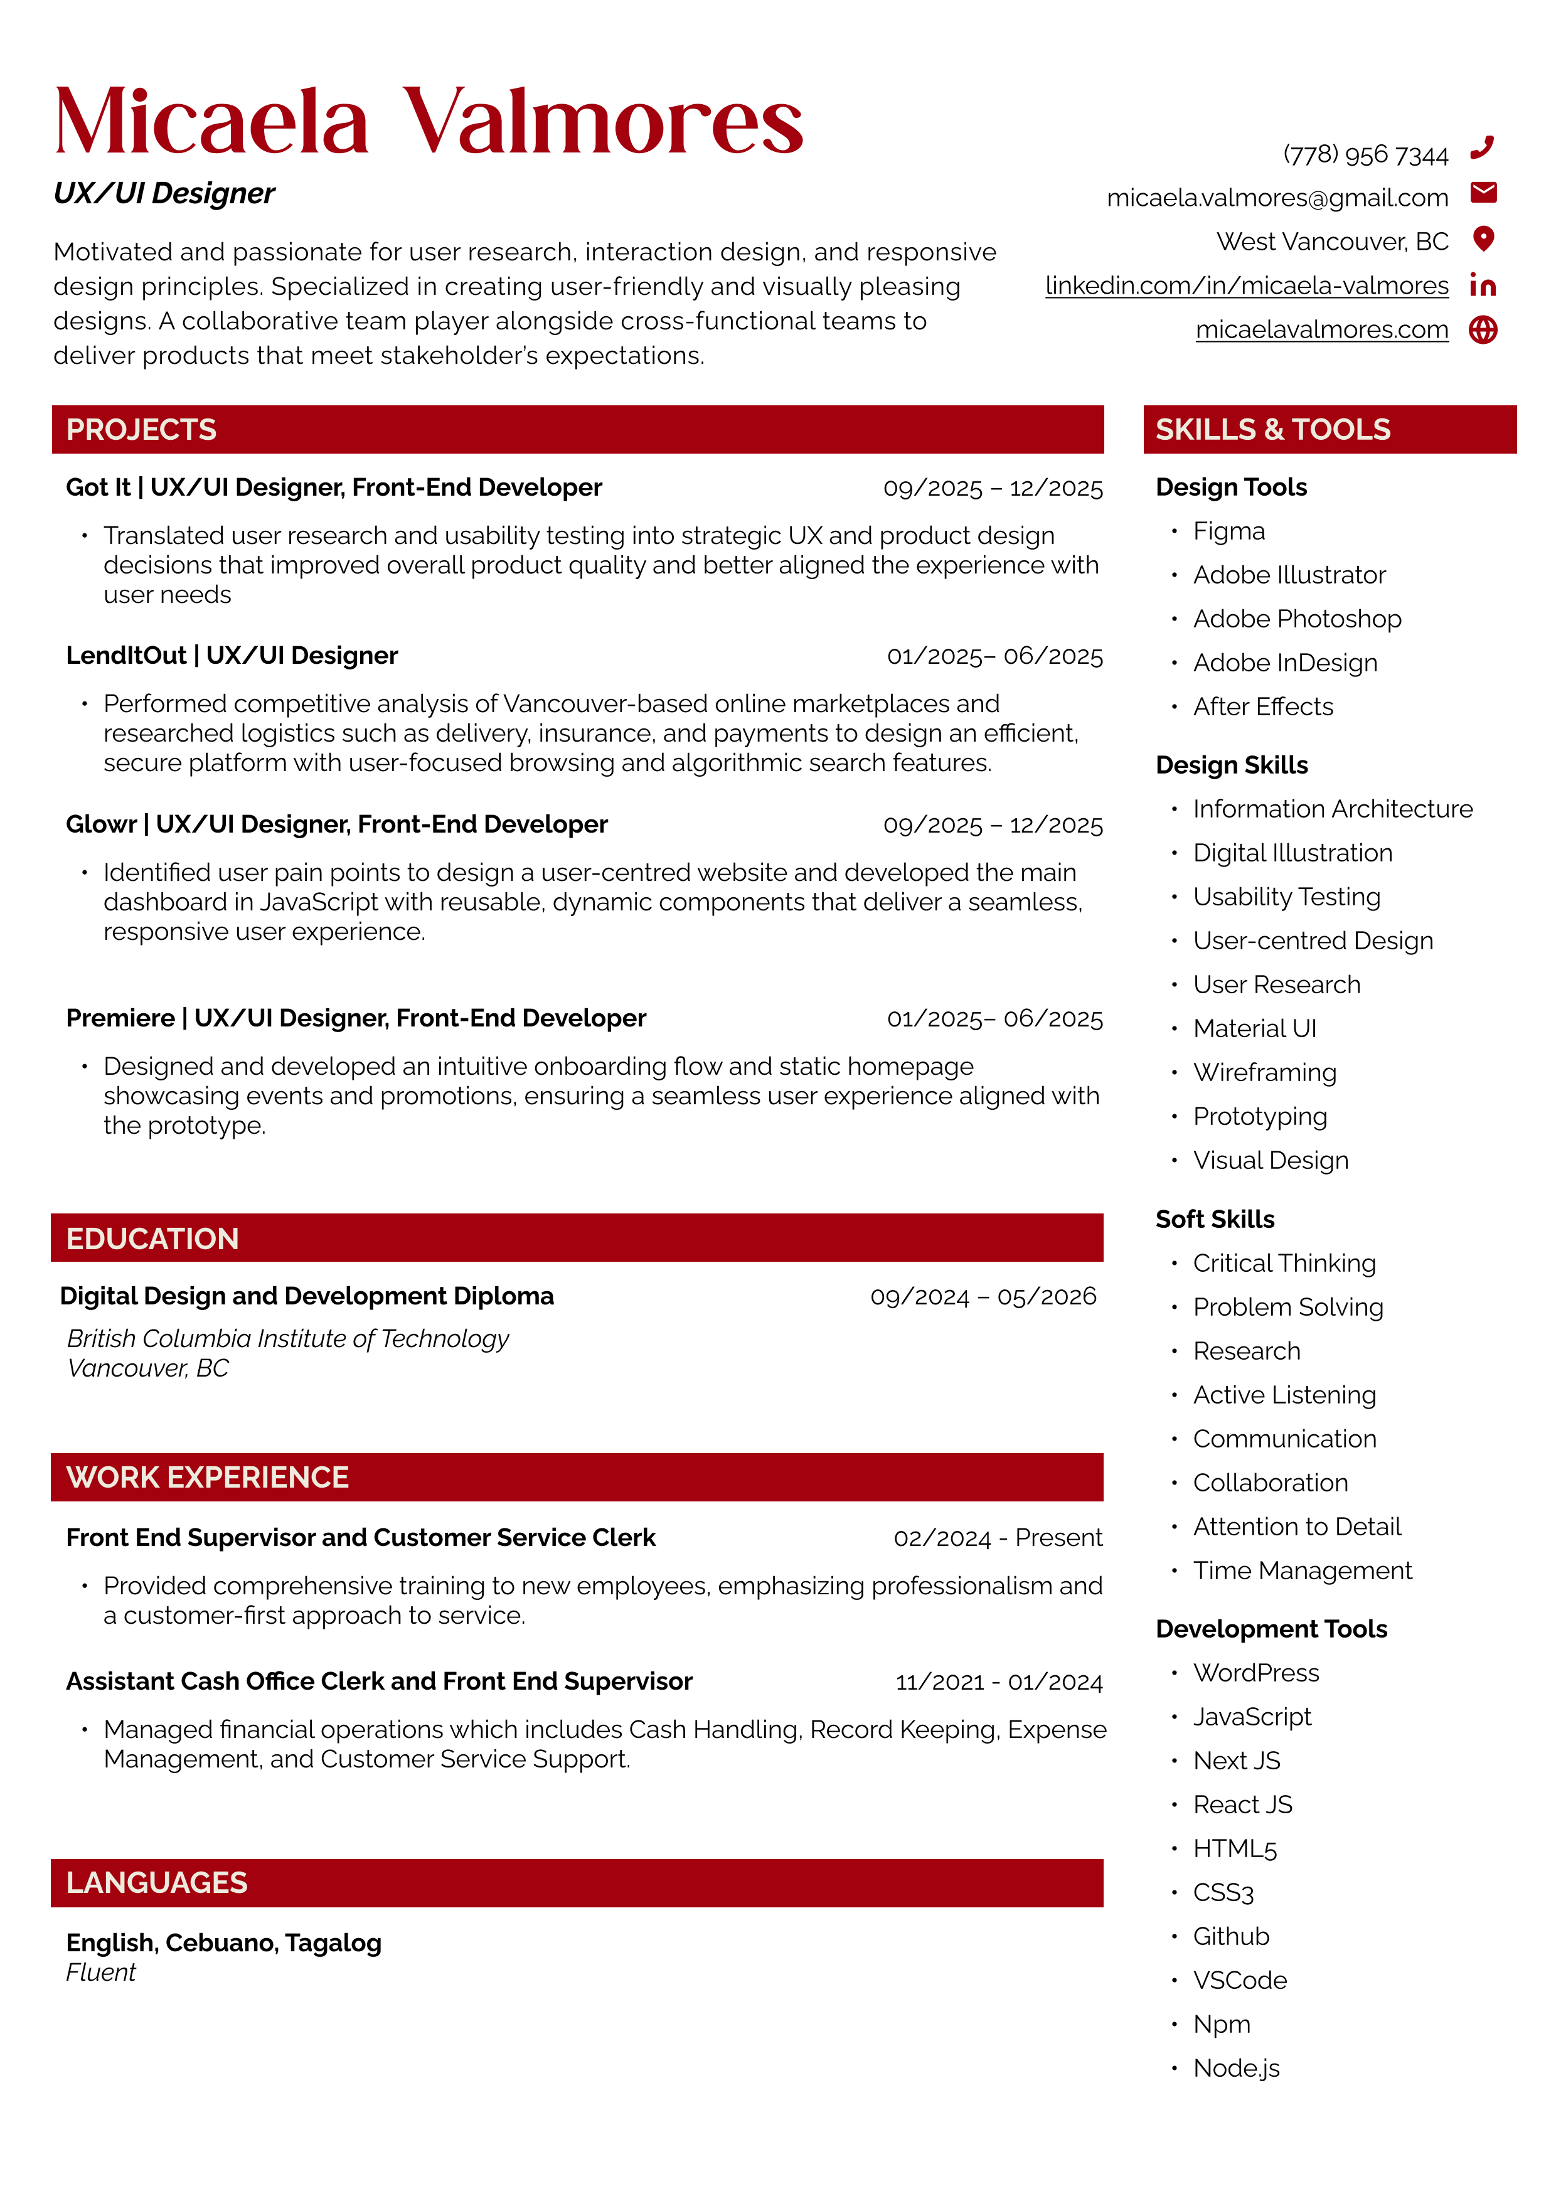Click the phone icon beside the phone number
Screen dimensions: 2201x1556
pos(1482,147)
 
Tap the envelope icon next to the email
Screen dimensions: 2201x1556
pos(1483,193)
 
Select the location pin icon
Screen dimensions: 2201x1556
pos(1483,238)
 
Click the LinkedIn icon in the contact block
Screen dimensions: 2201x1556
pos(1482,285)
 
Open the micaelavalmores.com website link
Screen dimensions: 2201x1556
pos(1321,330)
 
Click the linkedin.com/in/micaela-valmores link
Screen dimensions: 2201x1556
pos(1246,285)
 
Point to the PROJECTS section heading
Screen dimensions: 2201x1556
pos(142,429)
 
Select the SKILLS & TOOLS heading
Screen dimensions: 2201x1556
pos(1272,429)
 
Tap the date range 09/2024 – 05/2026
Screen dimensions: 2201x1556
pos(983,1297)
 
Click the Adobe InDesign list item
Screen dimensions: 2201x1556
pos(1285,663)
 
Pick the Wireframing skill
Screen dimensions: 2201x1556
pos(1264,1073)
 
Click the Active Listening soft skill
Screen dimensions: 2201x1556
pos(1284,1395)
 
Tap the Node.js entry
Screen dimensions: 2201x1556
pos(1236,2068)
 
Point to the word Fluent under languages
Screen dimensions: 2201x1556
pos(100,1972)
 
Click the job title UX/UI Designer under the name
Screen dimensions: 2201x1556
pos(164,194)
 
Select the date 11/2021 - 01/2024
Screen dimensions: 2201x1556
pos(999,1682)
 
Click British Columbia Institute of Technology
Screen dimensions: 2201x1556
pos(287,1338)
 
